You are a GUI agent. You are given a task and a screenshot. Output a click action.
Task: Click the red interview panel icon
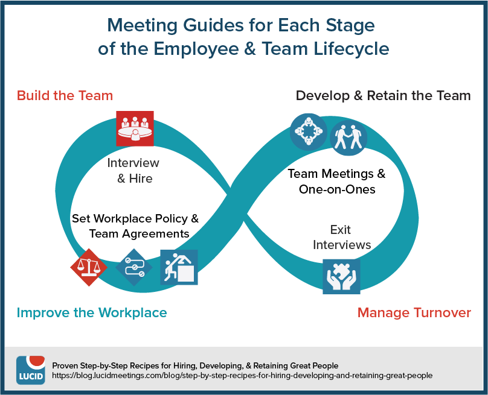[x=135, y=128]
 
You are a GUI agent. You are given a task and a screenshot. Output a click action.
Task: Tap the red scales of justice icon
[x=89, y=267]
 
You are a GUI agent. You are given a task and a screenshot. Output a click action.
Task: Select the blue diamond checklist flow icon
[x=134, y=267]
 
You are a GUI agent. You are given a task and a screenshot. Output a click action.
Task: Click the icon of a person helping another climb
[x=179, y=267]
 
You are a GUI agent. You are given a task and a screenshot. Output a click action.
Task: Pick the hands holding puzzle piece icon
[x=341, y=277]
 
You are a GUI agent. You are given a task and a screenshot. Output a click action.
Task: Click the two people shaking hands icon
[x=348, y=137]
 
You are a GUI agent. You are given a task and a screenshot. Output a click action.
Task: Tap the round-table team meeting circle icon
[x=309, y=132]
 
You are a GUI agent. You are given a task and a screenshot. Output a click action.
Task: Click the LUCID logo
[x=30, y=370]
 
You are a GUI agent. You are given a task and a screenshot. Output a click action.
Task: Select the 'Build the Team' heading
[x=65, y=95]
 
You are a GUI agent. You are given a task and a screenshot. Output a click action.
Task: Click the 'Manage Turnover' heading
[x=414, y=312]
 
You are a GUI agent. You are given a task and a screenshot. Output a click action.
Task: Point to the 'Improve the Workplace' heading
[x=92, y=312]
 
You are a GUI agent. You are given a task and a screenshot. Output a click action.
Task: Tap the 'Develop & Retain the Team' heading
[x=383, y=95]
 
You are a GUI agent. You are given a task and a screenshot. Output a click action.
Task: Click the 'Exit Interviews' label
[x=342, y=237]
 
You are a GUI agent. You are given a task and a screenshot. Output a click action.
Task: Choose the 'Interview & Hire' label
[x=133, y=171]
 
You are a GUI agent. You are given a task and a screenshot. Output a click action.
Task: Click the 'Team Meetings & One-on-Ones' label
[x=337, y=181]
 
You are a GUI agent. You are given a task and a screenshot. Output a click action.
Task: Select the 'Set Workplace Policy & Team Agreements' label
[x=135, y=226]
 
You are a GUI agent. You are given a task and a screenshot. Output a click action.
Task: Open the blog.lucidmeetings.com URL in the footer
[x=242, y=376]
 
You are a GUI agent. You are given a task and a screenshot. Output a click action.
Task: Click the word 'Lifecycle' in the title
[x=351, y=49]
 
